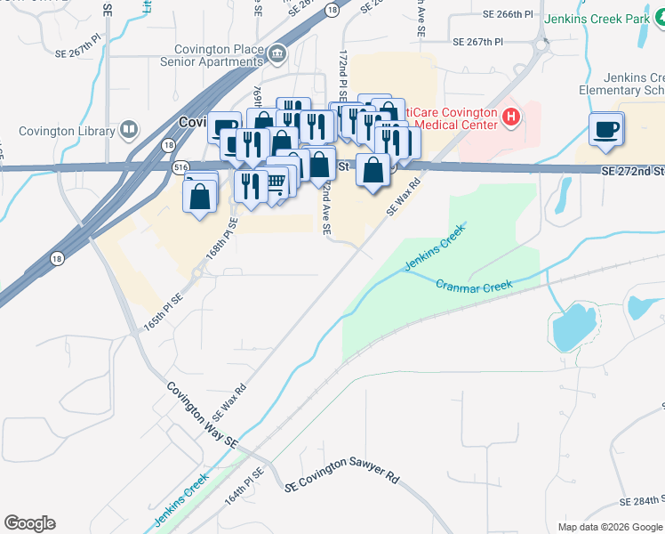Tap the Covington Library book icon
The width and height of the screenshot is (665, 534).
(129, 131)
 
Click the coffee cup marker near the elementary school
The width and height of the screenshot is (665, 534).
(606, 129)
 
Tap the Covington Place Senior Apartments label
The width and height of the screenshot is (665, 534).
(211, 55)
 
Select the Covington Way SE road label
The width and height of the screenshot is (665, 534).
(203, 415)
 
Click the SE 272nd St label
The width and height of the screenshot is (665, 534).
(632, 170)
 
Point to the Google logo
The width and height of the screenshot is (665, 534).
(29, 523)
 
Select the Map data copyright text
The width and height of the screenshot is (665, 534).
(610, 527)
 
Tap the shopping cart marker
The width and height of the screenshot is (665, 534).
(276, 182)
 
